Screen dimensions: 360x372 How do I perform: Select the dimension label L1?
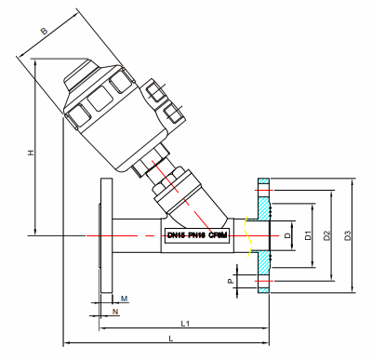click(x=185, y=323)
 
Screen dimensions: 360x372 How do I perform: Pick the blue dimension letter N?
click(x=115, y=311)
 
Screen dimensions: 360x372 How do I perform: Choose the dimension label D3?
click(x=347, y=236)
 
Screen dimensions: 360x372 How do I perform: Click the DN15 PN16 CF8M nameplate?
click(x=196, y=236)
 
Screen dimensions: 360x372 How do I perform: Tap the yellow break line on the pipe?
click(x=246, y=236)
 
